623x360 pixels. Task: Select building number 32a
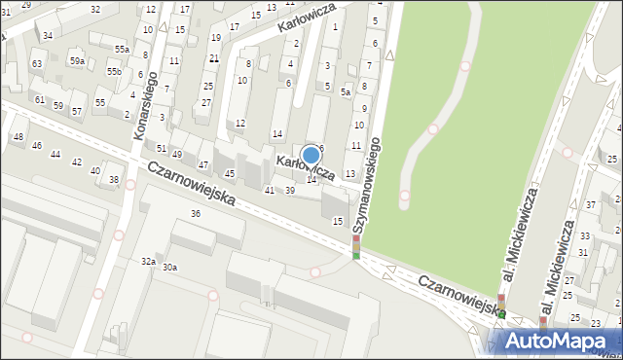(x=148, y=261)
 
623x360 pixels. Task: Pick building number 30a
(x=169, y=267)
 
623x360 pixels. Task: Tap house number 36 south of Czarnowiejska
(x=196, y=213)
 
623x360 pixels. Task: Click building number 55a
(x=121, y=49)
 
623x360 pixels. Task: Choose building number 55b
(x=114, y=72)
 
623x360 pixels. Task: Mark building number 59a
(x=77, y=60)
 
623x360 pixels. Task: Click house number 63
(x=37, y=63)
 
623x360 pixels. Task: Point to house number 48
(x=18, y=136)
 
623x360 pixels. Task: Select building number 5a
(x=346, y=92)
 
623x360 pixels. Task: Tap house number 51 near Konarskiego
(x=162, y=148)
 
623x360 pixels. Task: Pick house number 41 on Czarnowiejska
(x=270, y=190)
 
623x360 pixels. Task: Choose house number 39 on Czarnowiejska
(x=289, y=190)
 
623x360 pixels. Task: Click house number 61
(x=40, y=99)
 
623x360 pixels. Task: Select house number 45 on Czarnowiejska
(x=230, y=173)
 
